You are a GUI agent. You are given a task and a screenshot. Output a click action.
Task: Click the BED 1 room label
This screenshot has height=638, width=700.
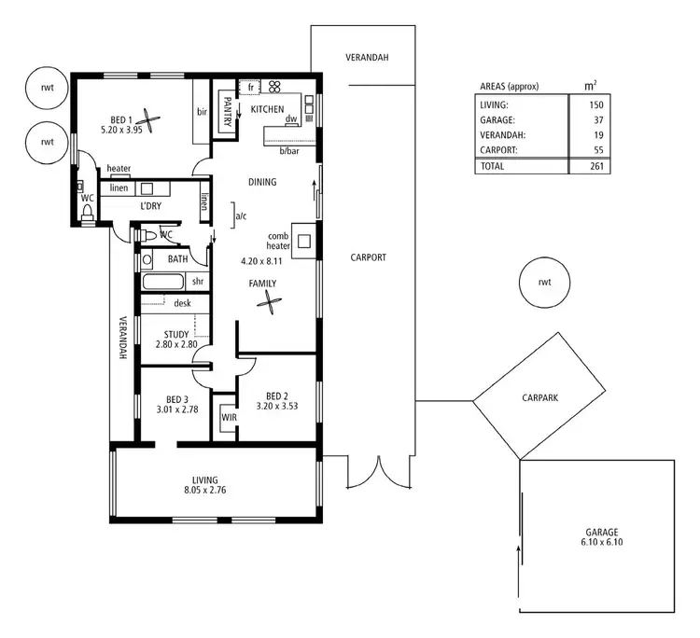pos(121,119)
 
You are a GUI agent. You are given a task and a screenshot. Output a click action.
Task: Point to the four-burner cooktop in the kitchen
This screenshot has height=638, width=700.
pos(275,88)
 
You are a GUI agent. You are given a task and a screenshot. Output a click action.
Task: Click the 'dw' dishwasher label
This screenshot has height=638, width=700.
pos(291,119)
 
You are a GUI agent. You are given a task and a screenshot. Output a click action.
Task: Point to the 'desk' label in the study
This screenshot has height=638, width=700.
pos(182,302)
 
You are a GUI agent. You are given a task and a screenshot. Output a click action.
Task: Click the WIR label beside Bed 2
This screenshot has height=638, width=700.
pos(229,418)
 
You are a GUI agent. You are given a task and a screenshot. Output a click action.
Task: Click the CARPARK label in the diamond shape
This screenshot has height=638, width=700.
pos(540,396)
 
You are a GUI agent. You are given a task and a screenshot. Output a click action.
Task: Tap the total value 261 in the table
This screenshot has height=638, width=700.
pos(595,166)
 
